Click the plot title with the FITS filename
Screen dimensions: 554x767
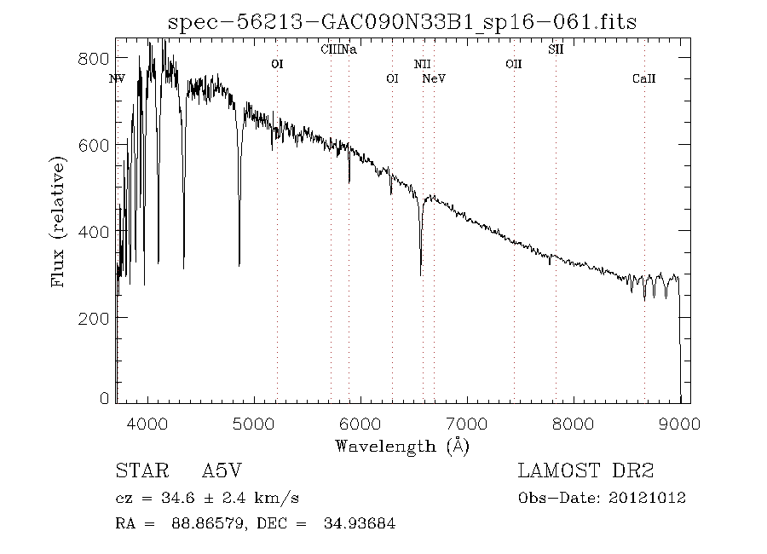(402, 22)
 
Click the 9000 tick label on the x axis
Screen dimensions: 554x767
(680, 424)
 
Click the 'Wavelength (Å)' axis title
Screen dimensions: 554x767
(402, 446)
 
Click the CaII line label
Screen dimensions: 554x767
(644, 79)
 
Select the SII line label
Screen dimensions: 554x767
(556, 49)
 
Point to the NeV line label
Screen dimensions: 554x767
(435, 79)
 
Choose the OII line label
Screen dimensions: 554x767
(513, 64)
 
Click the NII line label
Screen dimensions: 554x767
(423, 64)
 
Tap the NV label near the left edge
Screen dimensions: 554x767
(117, 79)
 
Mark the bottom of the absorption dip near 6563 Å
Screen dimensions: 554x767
(421, 274)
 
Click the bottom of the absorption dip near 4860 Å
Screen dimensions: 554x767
(239, 265)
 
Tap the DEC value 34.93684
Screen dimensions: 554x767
(360, 522)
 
